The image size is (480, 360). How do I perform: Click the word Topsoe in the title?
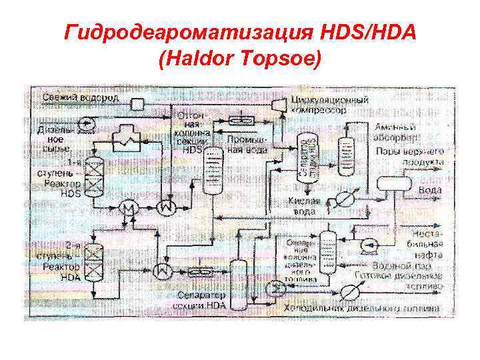(288, 60)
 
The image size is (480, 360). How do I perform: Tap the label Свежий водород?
(81, 98)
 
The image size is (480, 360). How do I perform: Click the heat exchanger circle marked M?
(126, 209)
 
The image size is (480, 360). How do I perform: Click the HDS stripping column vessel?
(213, 170)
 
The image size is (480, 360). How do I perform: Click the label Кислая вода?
(305, 207)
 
